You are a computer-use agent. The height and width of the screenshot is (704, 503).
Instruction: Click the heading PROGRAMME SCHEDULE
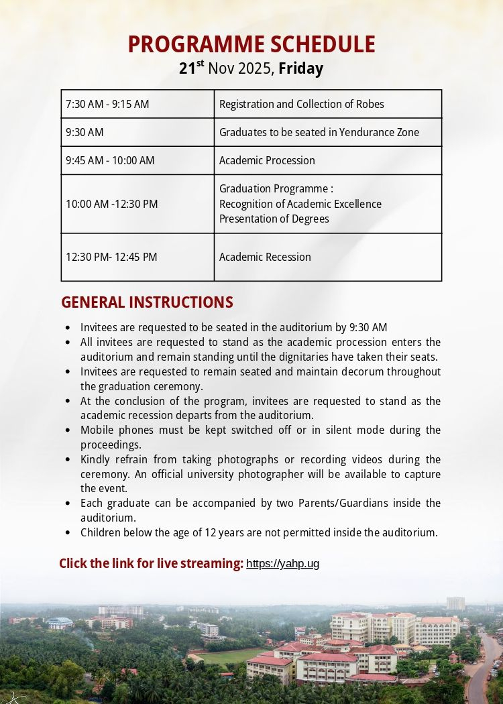pyautogui.click(x=251, y=44)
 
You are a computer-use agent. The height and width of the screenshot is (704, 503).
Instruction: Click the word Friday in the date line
pyautogui.click(x=300, y=68)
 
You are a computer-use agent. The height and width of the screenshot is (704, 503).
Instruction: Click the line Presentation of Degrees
pyautogui.click(x=274, y=219)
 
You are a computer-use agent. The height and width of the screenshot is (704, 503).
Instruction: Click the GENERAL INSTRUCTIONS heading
pyautogui.click(x=147, y=302)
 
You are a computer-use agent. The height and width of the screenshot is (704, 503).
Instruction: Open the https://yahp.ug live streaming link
pyautogui.click(x=282, y=564)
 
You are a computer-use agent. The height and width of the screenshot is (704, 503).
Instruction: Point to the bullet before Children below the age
pyautogui.click(x=68, y=533)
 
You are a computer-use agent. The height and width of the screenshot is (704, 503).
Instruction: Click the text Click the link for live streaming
pyautogui.click(x=151, y=563)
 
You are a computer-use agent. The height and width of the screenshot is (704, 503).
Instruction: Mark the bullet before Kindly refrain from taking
pyautogui.click(x=68, y=460)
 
